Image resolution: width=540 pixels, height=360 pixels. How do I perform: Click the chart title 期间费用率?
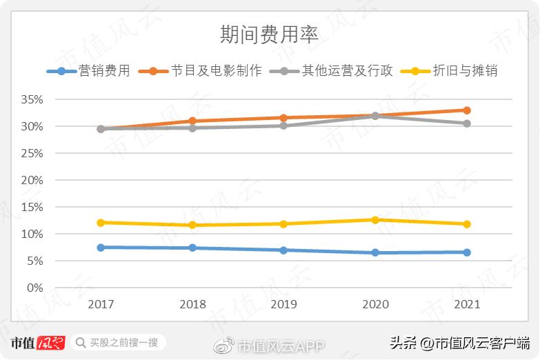(x=270, y=34)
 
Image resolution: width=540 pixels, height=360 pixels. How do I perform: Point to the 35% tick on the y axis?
(x=32, y=99)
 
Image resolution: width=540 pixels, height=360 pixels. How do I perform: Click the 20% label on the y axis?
(x=32, y=180)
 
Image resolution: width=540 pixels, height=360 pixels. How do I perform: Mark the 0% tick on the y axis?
(x=34, y=288)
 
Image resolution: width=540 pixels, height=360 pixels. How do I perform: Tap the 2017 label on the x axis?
(x=101, y=304)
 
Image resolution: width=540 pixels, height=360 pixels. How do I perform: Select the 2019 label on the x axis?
(x=283, y=304)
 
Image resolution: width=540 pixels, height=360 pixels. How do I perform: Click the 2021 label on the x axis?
(x=467, y=304)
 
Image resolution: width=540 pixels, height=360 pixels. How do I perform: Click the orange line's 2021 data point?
(x=467, y=110)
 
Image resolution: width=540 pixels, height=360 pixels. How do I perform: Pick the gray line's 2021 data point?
(x=467, y=123)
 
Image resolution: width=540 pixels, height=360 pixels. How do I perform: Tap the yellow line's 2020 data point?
(x=375, y=220)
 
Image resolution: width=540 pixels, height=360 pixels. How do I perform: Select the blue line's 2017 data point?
(x=101, y=247)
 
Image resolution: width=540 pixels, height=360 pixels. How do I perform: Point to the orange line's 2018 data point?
(x=192, y=121)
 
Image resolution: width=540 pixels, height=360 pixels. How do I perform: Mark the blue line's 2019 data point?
(x=283, y=250)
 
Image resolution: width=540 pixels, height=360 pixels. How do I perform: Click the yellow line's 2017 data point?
(x=101, y=222)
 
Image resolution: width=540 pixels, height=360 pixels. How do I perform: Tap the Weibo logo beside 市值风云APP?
(x=226, y=344)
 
